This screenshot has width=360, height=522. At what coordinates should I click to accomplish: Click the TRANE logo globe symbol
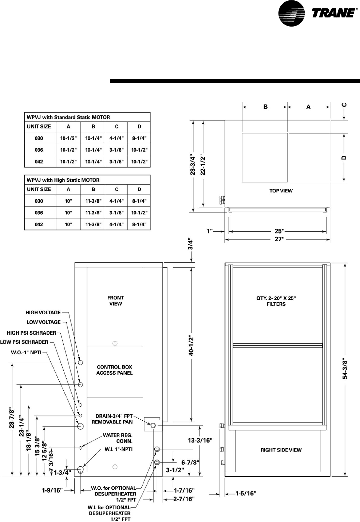(x=291, y=13)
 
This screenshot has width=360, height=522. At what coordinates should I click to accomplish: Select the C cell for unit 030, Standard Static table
(x=116, y=138)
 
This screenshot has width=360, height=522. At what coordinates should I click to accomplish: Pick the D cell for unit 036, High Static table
(x=139, y=213)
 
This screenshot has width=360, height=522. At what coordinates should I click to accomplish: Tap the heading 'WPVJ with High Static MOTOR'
(x=63, y=180)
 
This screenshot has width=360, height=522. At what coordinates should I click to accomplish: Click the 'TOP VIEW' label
(x=281, y=191)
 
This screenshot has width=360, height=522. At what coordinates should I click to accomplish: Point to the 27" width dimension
(x=279, y=239)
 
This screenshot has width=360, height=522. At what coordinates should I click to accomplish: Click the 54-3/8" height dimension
(x=345, y=369)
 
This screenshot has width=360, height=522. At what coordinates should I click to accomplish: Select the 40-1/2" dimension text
(x=192, y=345)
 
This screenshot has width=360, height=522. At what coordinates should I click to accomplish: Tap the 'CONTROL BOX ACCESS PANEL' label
(x=114, y=370)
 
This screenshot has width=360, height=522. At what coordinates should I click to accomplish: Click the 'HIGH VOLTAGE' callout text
(x=43, y=312)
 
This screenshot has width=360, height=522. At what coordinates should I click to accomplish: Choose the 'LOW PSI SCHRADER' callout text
(x=24, y=342)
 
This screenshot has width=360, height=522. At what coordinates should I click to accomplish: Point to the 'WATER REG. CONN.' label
(x=118, y=438)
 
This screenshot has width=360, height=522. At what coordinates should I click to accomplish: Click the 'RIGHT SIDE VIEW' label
(x=281, y=450)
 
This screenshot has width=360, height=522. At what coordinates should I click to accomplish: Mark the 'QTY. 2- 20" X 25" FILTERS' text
(x=276, y=301)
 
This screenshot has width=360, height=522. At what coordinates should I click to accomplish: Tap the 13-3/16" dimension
(x=200, y=440)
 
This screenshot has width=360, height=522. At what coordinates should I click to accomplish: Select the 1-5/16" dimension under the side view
(x=246, y=493)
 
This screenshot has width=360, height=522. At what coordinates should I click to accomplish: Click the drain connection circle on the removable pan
(x=153, y=426)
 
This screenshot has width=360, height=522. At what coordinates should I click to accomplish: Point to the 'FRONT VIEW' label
(x=115, y=300)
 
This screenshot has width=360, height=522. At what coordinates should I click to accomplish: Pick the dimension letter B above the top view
(x=265, y=107)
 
